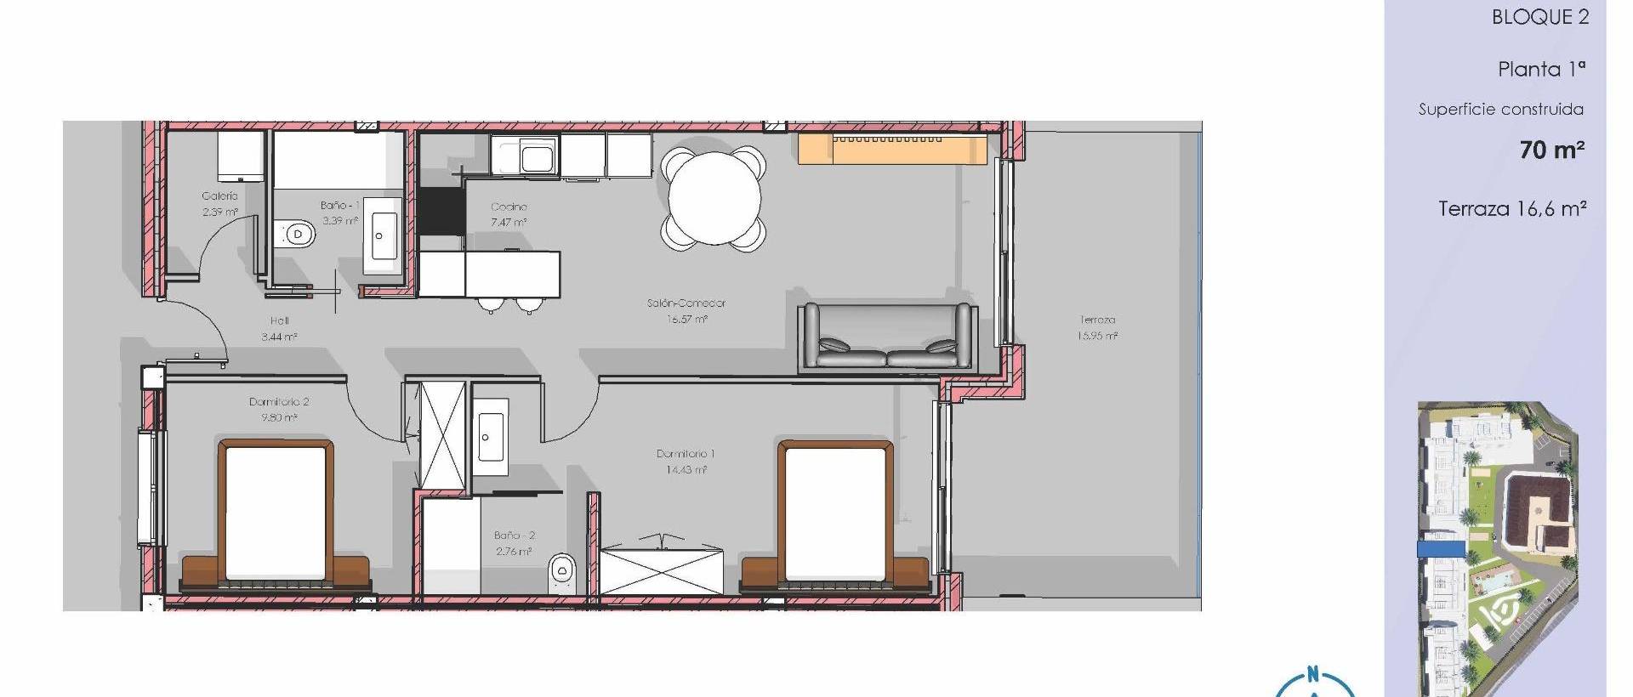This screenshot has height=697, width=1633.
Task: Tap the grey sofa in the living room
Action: click(887, 337)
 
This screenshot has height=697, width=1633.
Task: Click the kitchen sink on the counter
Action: click(537, 157)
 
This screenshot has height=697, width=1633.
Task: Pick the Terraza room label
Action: click(1097, 320)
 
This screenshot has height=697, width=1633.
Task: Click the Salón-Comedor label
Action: click(686, 303)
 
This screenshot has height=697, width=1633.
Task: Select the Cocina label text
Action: click(509, 207)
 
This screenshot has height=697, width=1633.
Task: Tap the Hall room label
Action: click(280, 321)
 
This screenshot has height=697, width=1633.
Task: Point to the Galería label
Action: click(219, 196)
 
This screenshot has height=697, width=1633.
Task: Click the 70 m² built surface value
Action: click(1551, 150)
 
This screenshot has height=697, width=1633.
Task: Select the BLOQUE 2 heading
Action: click(1539, 18)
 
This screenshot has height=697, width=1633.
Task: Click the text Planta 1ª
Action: click(1541, 70)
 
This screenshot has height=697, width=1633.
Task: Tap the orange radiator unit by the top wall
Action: click(891, 149)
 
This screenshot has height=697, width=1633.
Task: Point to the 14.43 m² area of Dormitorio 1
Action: click(686, 470)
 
